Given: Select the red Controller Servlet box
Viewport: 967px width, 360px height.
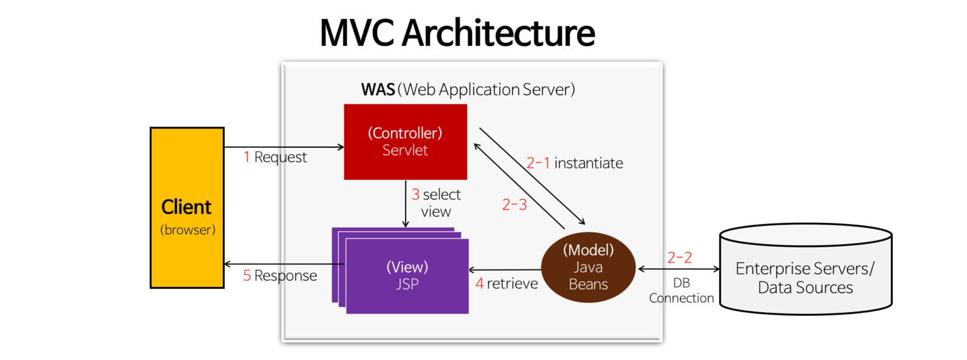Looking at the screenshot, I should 405,142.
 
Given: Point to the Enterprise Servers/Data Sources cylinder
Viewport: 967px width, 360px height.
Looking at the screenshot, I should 805,271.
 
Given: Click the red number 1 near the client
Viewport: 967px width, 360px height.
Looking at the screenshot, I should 247,157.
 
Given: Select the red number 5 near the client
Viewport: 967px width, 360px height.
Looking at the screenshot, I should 247,276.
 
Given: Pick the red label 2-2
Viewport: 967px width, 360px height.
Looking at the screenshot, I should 680,257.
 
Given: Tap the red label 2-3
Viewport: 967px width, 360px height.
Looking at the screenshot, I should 514,205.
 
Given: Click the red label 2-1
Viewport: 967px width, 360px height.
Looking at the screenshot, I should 538,164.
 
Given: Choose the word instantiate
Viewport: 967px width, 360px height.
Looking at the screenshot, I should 589,164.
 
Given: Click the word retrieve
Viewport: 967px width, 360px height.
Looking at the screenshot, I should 512,284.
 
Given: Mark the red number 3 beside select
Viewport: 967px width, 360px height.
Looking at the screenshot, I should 416,194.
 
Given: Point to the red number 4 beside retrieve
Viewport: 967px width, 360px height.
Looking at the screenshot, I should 479,284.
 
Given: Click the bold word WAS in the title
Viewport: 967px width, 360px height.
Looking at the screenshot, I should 378,89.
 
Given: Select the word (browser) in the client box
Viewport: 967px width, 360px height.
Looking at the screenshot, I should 188,230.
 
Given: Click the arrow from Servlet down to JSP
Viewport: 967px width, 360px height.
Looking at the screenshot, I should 405,205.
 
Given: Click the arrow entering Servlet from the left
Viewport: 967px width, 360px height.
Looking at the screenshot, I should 315,147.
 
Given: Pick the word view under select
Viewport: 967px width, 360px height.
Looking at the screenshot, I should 436,211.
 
